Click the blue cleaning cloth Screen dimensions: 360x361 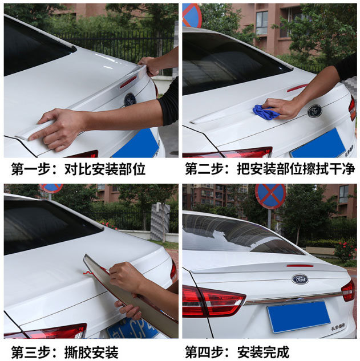[265, 112]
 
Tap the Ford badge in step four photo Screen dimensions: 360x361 [300, 279]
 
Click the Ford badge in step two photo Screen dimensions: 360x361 [315, 111]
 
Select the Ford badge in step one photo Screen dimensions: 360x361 [130, 100]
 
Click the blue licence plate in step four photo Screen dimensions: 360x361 [299, 317]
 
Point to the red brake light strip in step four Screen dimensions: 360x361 [300, 266]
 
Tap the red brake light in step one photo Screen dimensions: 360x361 [128, 82]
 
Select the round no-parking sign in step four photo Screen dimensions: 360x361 [270, 196]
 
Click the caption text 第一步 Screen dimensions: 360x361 [31, 169]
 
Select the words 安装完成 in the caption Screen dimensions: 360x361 [263, 352]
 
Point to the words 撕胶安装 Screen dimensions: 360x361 [92, 352]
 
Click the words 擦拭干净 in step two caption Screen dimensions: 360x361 [329, 169]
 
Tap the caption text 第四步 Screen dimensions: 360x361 [204, 352]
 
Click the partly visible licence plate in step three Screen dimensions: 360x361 [132, 327]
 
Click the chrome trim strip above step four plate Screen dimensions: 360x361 [293, 298]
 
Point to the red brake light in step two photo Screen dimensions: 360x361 [297, 88]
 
